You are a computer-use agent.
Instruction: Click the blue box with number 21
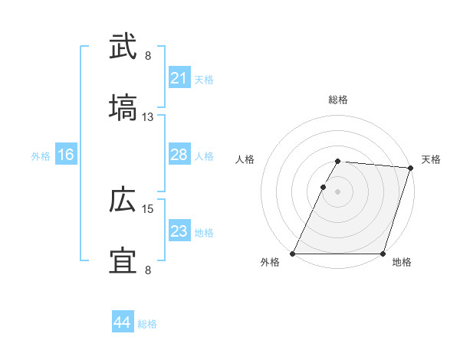coord(179,78)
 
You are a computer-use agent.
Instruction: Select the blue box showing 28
coord(179,155)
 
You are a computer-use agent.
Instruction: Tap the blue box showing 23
coord(179,231)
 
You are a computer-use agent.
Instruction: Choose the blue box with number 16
coord(66,155)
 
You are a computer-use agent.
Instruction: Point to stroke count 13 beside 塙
coord(148,116)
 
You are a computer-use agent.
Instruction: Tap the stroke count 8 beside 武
coord(148,55)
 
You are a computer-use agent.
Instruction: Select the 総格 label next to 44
coord(147,324)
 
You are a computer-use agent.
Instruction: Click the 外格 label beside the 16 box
coord(41,156)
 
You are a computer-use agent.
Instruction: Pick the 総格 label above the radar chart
coord(338,100)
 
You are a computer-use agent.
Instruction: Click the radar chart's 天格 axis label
coord(432,159)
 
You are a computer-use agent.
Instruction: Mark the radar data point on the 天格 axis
coord(411,168)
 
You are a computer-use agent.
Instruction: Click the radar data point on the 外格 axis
coord(293,254)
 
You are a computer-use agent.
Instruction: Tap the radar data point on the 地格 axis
coord(383,254)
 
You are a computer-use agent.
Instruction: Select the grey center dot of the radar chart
coord(338,191)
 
